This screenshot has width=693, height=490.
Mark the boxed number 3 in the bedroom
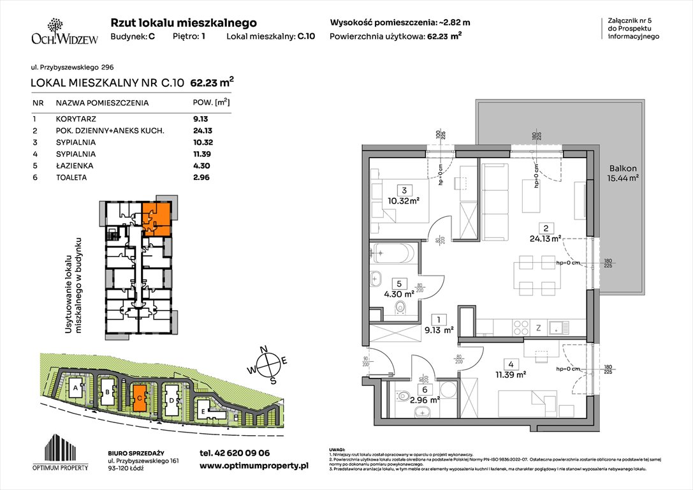click(403, 190)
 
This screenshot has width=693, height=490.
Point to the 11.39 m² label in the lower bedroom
click(511, 375)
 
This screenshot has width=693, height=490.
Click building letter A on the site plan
click(76, 388)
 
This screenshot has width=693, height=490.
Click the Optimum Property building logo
click(63, 454)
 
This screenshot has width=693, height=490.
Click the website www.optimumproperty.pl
click(254, 466)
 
